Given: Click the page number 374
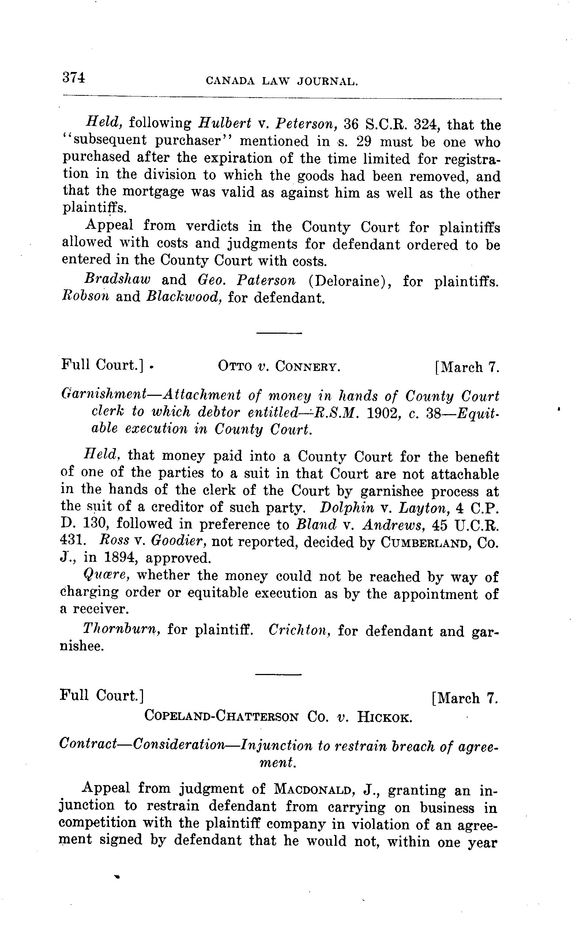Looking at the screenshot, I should click(x=74, y=77).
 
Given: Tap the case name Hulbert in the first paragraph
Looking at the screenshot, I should click(x=225, y=123).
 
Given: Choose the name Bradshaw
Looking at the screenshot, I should click(x=117, y=280).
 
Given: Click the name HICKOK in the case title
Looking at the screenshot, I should click(x=384, y=717).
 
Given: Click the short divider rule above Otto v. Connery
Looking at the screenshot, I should click(x=279, y=333).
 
